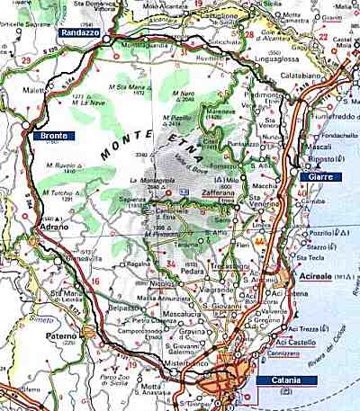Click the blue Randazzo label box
pyautogui.click(x=79, y=32)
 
